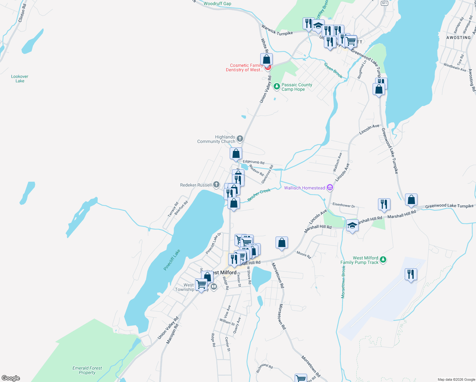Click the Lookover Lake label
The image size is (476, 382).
[x=20, y=79]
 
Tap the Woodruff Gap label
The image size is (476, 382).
[x=217, y=4]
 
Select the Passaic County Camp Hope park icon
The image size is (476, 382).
[x=277, y=86]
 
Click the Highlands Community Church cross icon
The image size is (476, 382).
[x=240, y=138]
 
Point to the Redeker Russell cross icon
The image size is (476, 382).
[x=216, y=185]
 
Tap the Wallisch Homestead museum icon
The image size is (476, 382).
[x=330, y=188]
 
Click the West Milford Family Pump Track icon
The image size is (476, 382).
[x=383, y=260]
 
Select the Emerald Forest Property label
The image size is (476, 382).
[x=87, y=370]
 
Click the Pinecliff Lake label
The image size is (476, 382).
[x=172, y=260]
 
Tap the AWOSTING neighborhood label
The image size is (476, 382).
[x=458, y=38]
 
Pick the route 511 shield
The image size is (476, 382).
[x=384, y=3]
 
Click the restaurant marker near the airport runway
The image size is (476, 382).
[x=411, y=274]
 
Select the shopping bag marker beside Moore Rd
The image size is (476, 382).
[x=282, y=243]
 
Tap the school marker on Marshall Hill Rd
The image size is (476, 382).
[x=352, y=225]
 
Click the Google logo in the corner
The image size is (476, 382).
[x=11, y=378]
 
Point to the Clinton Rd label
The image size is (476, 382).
[x=23, y=13]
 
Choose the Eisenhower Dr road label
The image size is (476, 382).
[x=344, y=205]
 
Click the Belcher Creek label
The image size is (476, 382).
[x=259, y=195]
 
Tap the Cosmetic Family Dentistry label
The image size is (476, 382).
[x=245, y=67]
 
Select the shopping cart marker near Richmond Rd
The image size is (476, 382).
[x=301, y=378]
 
